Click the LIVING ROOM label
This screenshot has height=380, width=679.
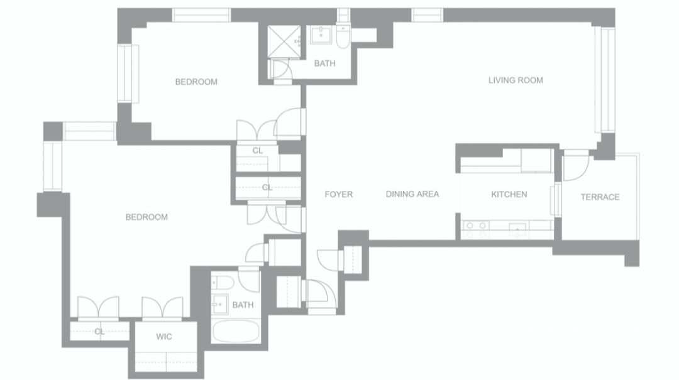pos(516,80)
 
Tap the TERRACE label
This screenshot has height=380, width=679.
pos(600,197)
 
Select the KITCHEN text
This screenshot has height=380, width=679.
pos(509,194)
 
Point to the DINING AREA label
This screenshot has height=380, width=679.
pos(412,194)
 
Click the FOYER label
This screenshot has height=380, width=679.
pos(339,194)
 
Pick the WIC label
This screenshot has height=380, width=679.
pos(164,336)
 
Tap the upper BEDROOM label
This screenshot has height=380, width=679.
pos(196,82)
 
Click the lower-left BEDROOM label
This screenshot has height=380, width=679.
pos(146,217)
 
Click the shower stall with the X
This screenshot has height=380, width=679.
pos(284,41)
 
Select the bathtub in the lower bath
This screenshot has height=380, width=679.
pos(236,332)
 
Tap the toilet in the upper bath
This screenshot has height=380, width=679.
pos(343,36)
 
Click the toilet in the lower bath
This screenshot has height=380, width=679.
pos(223,283)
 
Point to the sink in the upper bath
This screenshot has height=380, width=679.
pos(321,35)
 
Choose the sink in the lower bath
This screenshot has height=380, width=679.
pos(220,304)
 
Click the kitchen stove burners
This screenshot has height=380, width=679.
pos(475,230)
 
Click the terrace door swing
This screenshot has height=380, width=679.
pos(576,166)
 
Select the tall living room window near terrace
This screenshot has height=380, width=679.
pos(605,80)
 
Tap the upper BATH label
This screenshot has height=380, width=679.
pos(325,63)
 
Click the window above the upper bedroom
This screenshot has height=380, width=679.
pos(201,15)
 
